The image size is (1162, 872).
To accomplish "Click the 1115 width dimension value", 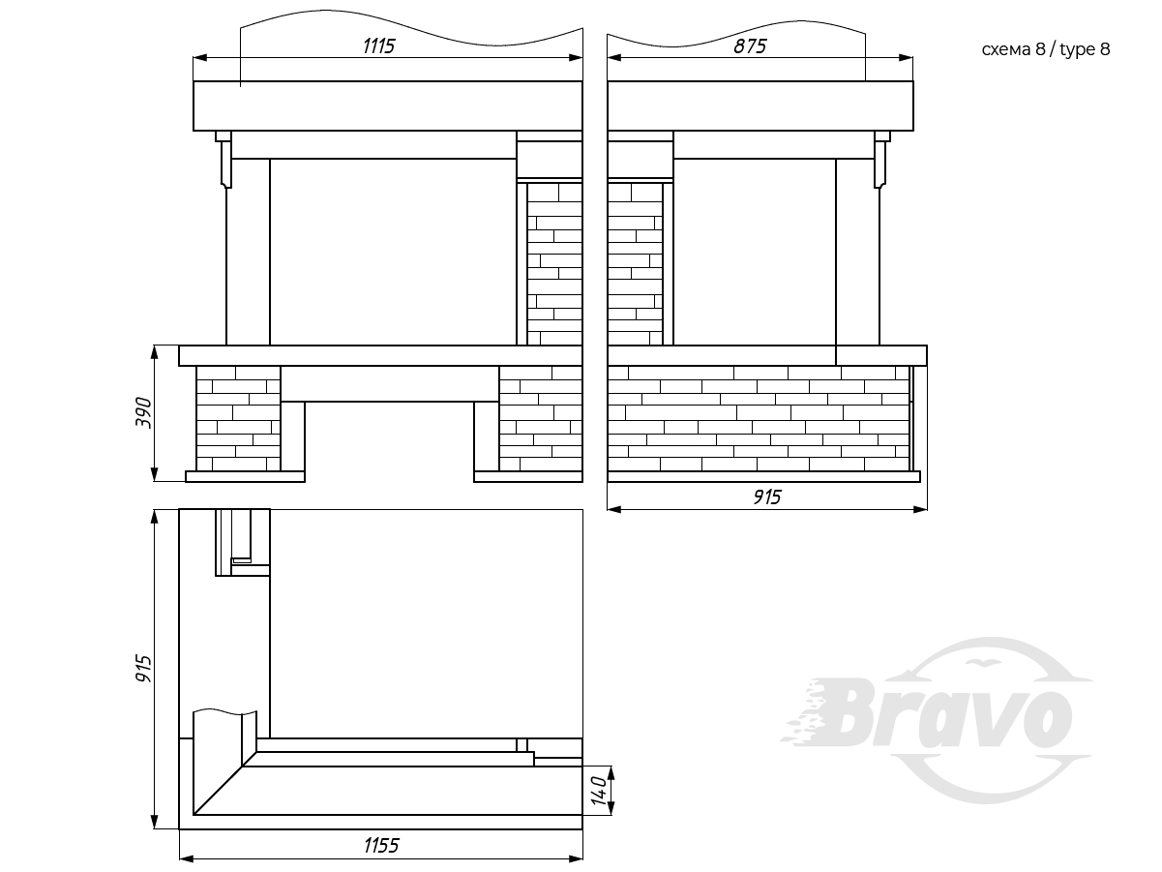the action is [x=379, y=46].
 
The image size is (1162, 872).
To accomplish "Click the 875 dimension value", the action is [x=750, y=46].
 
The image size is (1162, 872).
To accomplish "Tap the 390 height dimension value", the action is [x=143, y=413].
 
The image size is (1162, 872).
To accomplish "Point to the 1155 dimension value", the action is [x=381, y=846].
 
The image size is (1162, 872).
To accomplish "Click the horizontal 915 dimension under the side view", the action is [x=767, y=497].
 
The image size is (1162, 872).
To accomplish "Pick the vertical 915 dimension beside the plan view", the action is [x=143, y=669].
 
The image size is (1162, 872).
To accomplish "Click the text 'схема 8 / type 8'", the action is [x=1046, y=49].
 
